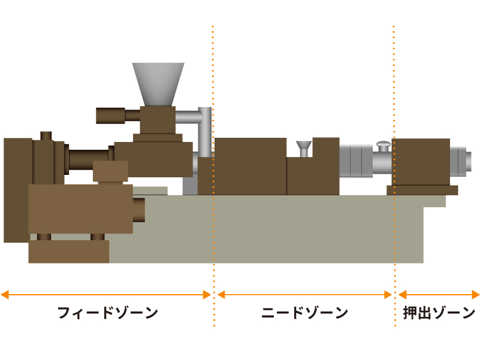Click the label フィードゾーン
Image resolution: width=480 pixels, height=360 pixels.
click(108, 313)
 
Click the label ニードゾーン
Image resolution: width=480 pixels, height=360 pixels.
click(305, 313)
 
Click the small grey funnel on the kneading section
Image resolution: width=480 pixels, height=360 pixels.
click(304, 147)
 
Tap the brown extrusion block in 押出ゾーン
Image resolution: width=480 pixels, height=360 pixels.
click(421, 162)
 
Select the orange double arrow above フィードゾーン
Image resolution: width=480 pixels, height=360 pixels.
click(107, 295)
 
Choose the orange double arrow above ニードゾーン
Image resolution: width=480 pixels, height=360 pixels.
click(304, 295)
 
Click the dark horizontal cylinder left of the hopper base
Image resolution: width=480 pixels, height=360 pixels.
click(110, 115)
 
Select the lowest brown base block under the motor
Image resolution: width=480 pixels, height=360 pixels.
click(68, 252)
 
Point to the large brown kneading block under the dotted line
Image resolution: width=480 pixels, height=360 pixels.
click(250, 166)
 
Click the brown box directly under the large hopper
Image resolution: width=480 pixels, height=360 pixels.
click(158, 120)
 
